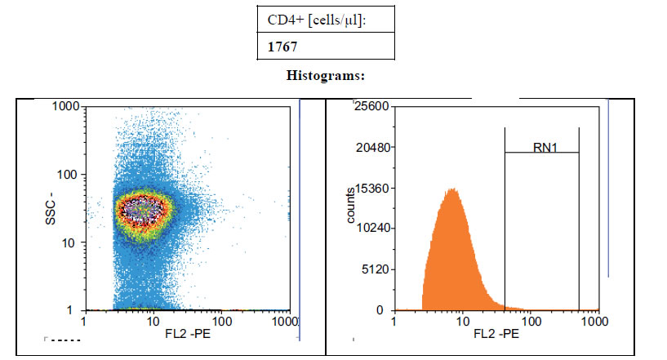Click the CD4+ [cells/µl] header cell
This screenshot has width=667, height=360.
coord(317,20)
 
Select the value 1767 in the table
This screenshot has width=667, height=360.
coord(282,47)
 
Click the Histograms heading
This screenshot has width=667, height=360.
coord(326,75)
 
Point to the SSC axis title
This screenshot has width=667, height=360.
coord(50,208)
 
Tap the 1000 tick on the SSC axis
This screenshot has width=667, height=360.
coord(66,106)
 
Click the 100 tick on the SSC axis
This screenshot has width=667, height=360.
coord(68,175)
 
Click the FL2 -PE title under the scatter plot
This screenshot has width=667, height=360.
coord(188,334)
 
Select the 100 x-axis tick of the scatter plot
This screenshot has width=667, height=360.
coord(222,322)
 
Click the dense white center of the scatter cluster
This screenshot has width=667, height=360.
coord(142,208)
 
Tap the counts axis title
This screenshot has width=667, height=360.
coord(350,205)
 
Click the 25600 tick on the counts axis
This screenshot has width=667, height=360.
coord(371,106)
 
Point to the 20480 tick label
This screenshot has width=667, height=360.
coord(372,147)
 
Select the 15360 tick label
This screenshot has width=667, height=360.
coord(372,188)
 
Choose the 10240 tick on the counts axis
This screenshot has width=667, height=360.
coord(372,228)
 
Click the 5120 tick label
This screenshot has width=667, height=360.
coord(376,269)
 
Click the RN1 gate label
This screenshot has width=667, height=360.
coord(545,148)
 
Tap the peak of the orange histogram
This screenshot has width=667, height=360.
coord(453,189)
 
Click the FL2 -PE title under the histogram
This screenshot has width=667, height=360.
coord(496,334)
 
